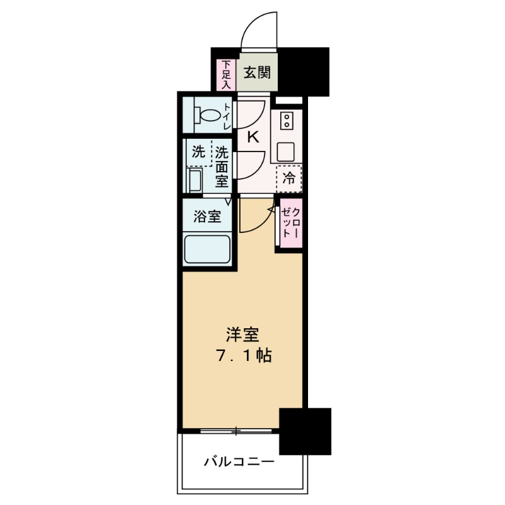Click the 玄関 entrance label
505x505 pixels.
point(257,72)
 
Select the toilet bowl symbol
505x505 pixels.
point(208,116)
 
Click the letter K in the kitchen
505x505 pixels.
point(252,136)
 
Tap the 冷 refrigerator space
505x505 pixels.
point(289,179)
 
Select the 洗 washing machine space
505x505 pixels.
point(198,152)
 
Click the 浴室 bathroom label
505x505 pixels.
point(207,217)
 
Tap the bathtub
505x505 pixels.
point(207,249)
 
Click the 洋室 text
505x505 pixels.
point(243,334)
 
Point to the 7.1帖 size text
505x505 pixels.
point(243,355)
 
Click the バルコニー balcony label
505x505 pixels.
point(239,463)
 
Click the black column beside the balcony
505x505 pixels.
point(305,431)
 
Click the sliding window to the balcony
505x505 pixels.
point(237,432)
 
